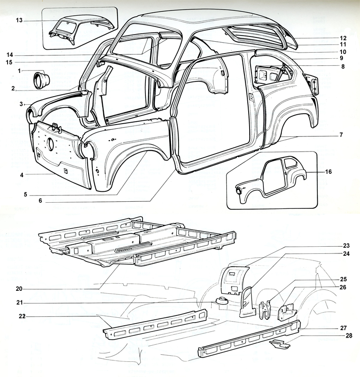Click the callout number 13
(x=19, y=20)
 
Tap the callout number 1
(x=19, y=71)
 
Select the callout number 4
(x=22, y=175)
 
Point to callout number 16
(x=329, y=172)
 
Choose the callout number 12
(x=343, y=38)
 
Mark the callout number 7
(x=341, y=135)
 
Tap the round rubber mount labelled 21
(x=221, y=301)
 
